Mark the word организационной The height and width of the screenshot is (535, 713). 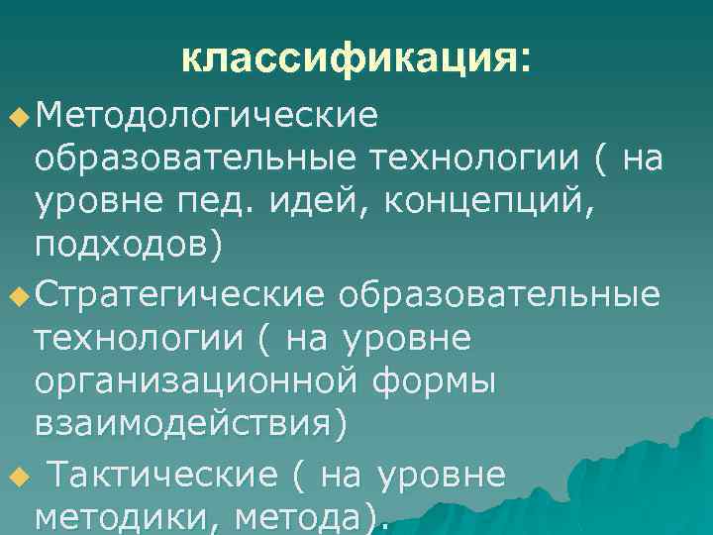tap(198, 381)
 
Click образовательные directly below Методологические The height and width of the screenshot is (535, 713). tap(197, 159)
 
